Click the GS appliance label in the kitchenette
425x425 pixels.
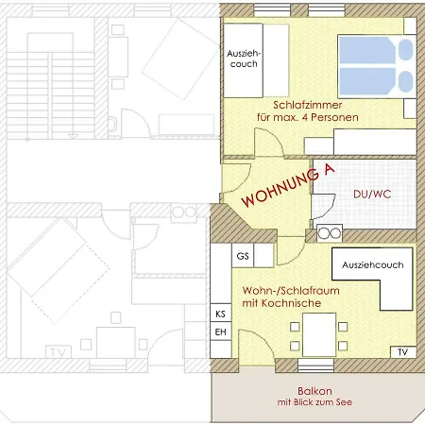(x=243, y=256)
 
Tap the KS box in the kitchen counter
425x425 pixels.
(x=221, y=313)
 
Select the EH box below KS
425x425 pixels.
(x=221, y=331)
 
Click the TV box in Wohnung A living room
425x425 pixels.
(x=403, y=352)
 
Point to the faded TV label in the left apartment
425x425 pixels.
(x=59, y=352)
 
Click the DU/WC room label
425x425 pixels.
(x=372, y=194)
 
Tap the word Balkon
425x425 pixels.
(x=314, y=391)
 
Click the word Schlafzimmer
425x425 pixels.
(x=308, y=105)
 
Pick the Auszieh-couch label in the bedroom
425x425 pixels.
(x=244, y=59)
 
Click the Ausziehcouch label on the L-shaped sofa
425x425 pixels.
(x=373, y=265)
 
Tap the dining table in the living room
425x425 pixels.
(x=319, y=334)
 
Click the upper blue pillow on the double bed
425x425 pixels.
(x=405, y=50)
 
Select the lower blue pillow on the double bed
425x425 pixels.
(x=405, y=81)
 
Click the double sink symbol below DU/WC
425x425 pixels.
(x=330, y=233)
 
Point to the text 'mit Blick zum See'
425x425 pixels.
(x=314, y=402)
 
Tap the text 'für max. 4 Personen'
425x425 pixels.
(x=308, y=117)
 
